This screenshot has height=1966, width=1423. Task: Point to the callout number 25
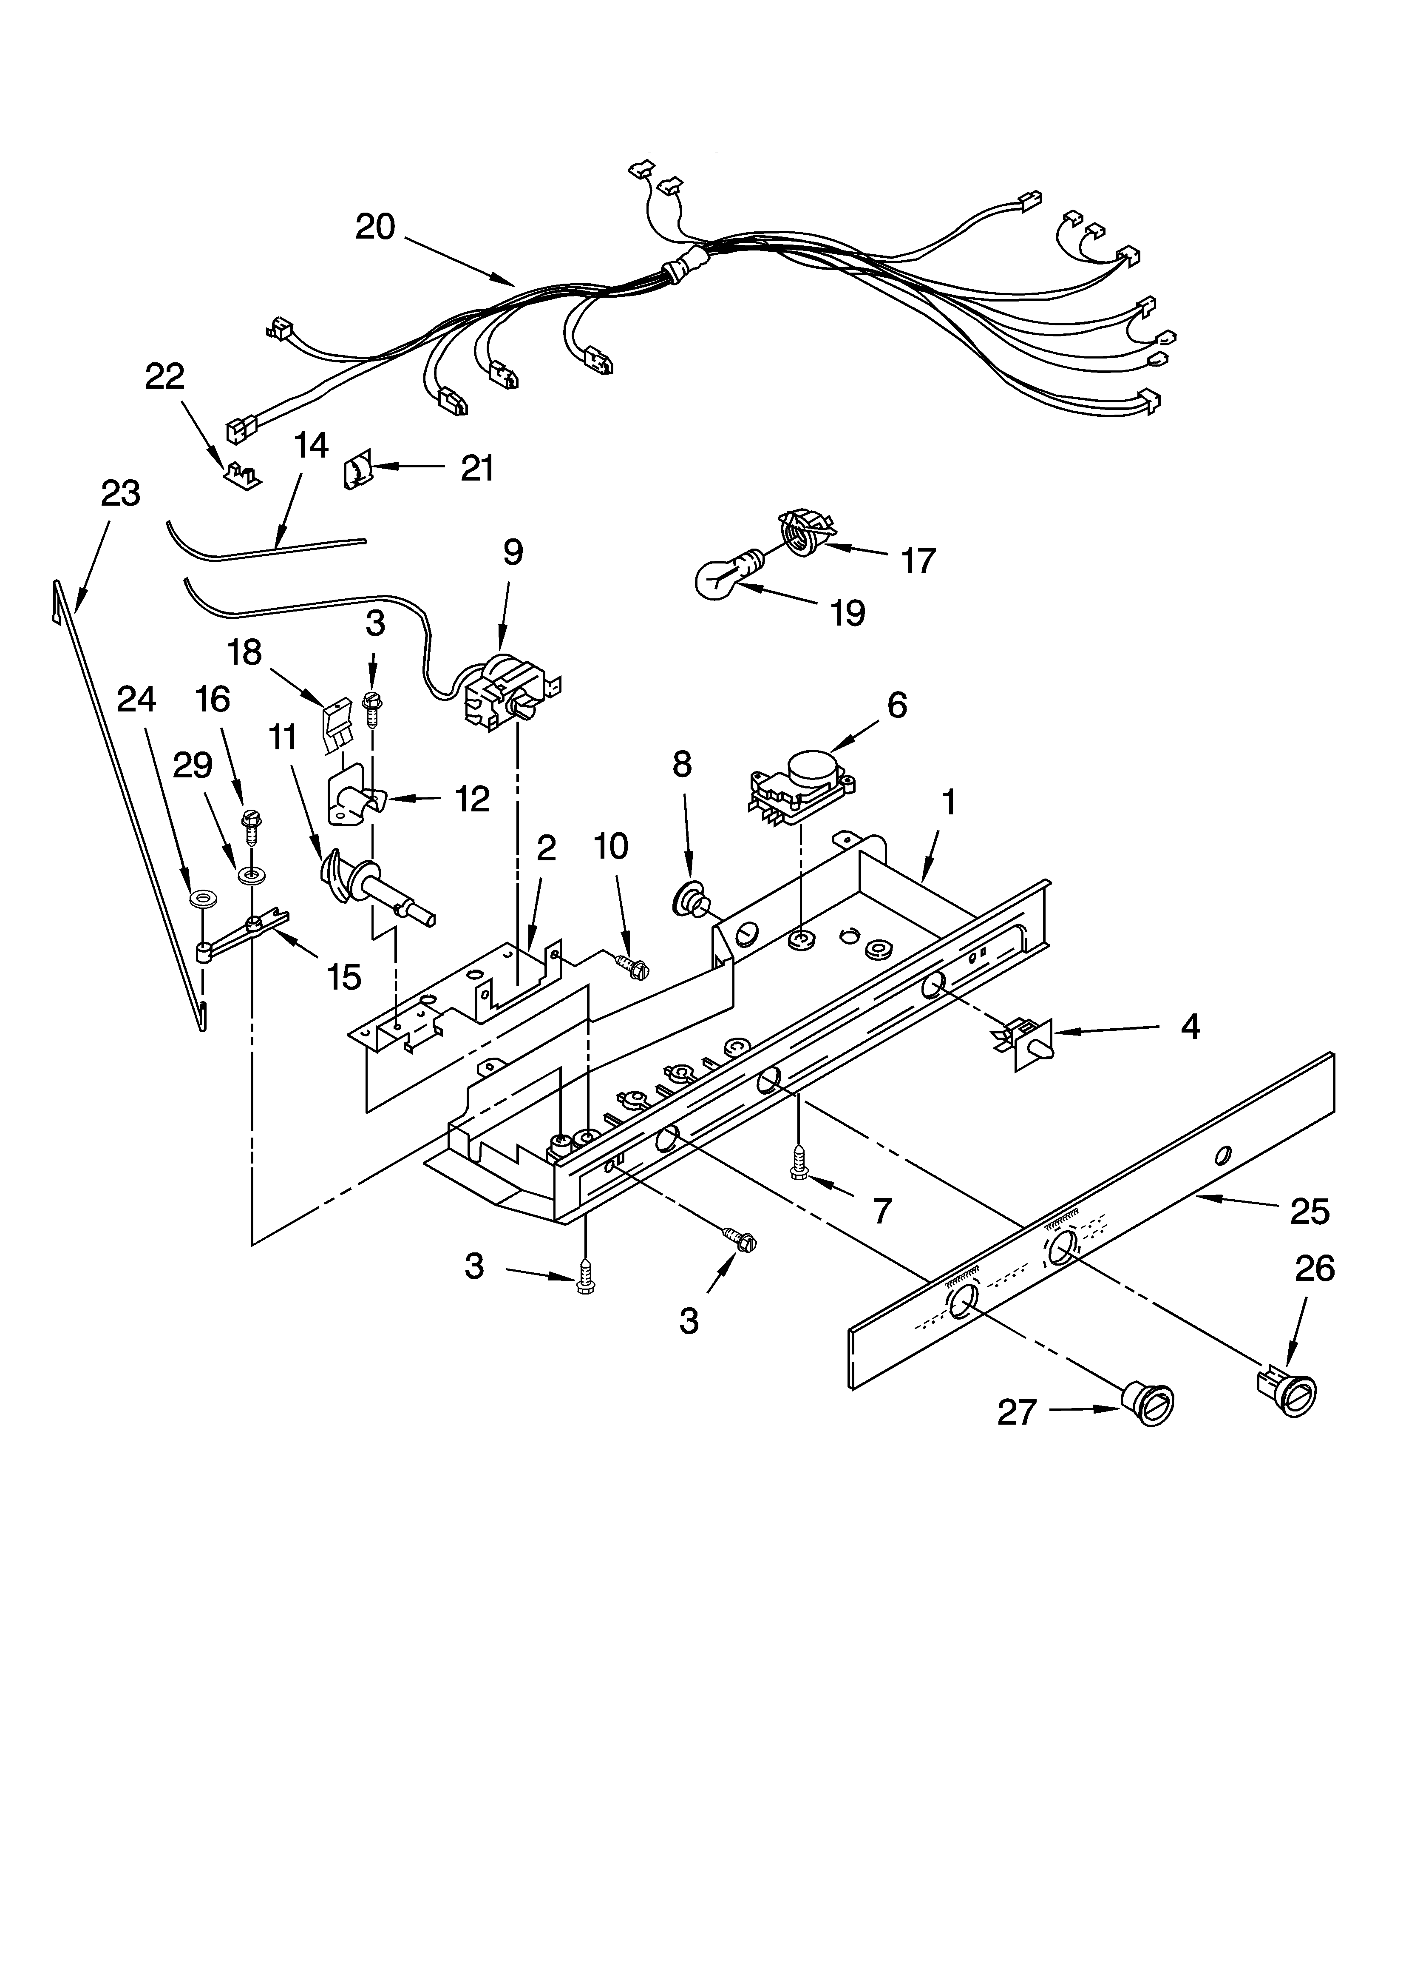click(1309, 1211)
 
